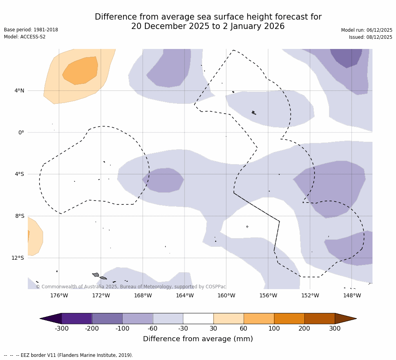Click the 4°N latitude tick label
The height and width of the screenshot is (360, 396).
19,91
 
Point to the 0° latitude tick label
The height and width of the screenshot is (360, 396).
21,132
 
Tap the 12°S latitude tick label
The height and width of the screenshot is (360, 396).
18,258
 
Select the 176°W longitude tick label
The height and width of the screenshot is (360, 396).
59,295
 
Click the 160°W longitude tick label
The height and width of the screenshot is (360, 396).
226,295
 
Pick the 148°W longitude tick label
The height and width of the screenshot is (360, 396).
352,295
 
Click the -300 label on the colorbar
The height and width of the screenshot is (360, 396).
61,329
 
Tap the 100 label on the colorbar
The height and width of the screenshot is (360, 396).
274,329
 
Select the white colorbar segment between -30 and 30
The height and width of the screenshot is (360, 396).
198,318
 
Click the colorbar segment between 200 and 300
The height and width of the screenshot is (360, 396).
320,318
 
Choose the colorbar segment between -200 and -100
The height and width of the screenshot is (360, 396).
107,318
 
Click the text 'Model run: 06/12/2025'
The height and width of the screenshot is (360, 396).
367,30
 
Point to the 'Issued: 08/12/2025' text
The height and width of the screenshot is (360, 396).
371,37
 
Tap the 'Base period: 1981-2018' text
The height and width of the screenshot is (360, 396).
31,30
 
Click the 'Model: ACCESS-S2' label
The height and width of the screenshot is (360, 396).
25,37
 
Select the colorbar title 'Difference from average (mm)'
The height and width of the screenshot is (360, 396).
198,339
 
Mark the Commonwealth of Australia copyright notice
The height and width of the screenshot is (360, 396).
131,287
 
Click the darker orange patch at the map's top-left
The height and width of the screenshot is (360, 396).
80,71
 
